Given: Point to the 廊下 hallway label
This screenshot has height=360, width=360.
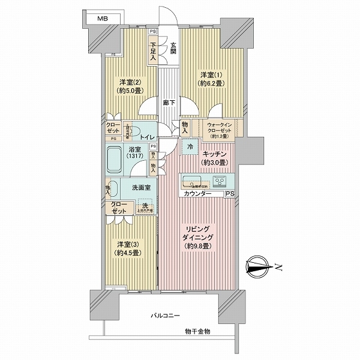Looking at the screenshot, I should point(169,103).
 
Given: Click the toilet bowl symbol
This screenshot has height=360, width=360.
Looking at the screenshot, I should point(135,131).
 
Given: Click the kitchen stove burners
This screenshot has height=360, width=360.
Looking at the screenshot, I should point(220,181).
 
